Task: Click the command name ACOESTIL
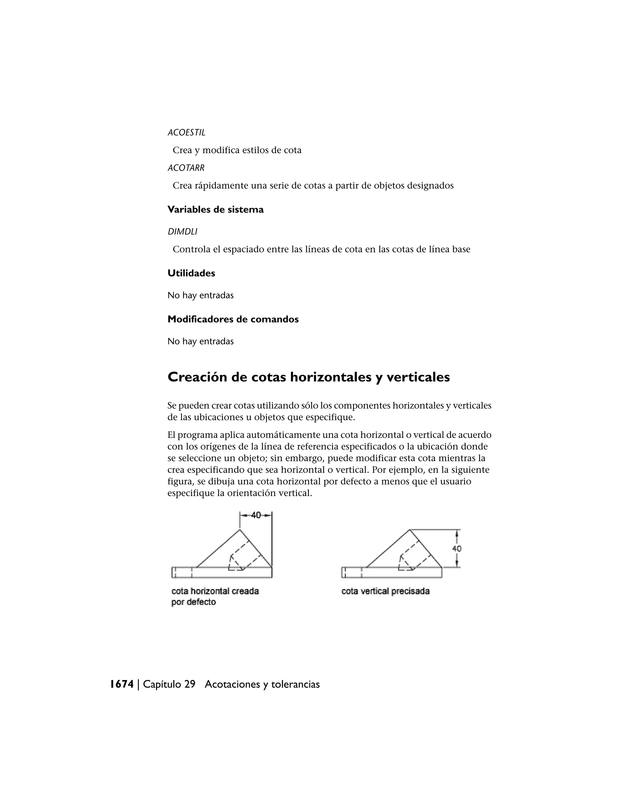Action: click(186, 133)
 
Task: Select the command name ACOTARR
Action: click(186, 168)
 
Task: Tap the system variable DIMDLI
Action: click(182, 232)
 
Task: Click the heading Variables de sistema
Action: click(215, 210)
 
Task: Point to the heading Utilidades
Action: click(191, 273)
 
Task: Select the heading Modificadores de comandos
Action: click(233, 319)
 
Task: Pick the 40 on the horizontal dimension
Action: click(256, 515)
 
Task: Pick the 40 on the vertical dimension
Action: click(457, 549)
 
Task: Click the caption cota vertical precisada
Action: click(385, 591)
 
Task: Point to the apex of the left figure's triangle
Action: click(239, 530)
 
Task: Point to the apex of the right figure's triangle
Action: click(410, 530)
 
